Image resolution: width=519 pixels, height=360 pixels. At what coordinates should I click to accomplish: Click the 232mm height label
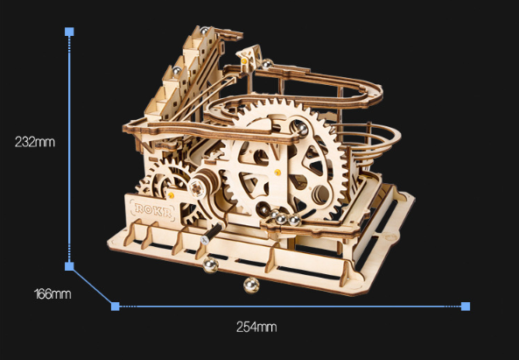click(x=34, y=141)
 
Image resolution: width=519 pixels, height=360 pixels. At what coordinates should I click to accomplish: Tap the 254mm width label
click(x=256, y=328)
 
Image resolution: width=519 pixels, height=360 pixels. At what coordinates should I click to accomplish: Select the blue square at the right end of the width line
click(x=466, y=306)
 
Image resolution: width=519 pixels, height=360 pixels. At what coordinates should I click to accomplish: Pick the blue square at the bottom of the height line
click(x=70, y=265)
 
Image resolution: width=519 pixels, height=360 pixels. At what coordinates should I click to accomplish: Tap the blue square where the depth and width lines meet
click(x=115, y=306)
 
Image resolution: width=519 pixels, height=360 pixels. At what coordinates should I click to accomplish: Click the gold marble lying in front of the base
click(x=250, y=286)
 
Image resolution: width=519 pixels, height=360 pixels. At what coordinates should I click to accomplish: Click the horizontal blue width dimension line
click(x=289, y=307)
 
